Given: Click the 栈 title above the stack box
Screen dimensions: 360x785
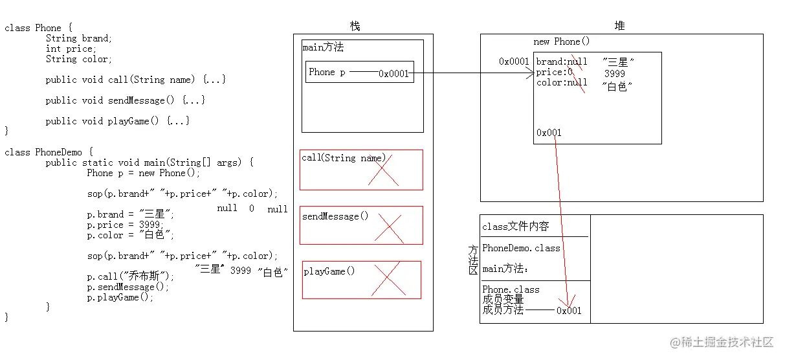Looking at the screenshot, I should click(355, 26).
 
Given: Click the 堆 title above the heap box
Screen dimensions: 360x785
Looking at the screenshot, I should click(619, 26).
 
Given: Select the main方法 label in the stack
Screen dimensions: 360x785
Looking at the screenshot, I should click(323, 48).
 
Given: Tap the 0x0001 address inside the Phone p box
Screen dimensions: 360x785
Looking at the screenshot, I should click(393, 74).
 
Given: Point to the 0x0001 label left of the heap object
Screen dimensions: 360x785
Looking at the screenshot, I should click(514, 62).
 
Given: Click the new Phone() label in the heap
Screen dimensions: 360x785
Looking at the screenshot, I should click(561, 41).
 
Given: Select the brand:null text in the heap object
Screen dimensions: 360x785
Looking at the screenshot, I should click(561, 62).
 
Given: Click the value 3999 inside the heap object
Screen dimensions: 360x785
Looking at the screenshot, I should click(615, 74).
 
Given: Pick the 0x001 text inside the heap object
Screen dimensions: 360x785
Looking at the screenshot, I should click(549, 133).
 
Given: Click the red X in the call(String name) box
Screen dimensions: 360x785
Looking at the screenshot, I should click(384, 170).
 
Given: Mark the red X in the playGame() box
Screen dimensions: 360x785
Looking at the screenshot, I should click(388, 280).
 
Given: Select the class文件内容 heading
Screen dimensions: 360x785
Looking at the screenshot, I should click(515, 227).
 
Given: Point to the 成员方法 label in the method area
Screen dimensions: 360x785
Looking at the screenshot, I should click(503, 310).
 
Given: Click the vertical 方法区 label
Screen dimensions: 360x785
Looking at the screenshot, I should click(473, 260).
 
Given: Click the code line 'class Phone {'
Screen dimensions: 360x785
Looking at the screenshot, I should click(38, 28).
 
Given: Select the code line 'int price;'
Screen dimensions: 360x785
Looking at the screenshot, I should click(71, 49).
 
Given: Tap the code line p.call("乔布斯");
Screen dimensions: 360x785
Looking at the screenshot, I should click(131, 276).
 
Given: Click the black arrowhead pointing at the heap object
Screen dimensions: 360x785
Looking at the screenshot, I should click(529, 74).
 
